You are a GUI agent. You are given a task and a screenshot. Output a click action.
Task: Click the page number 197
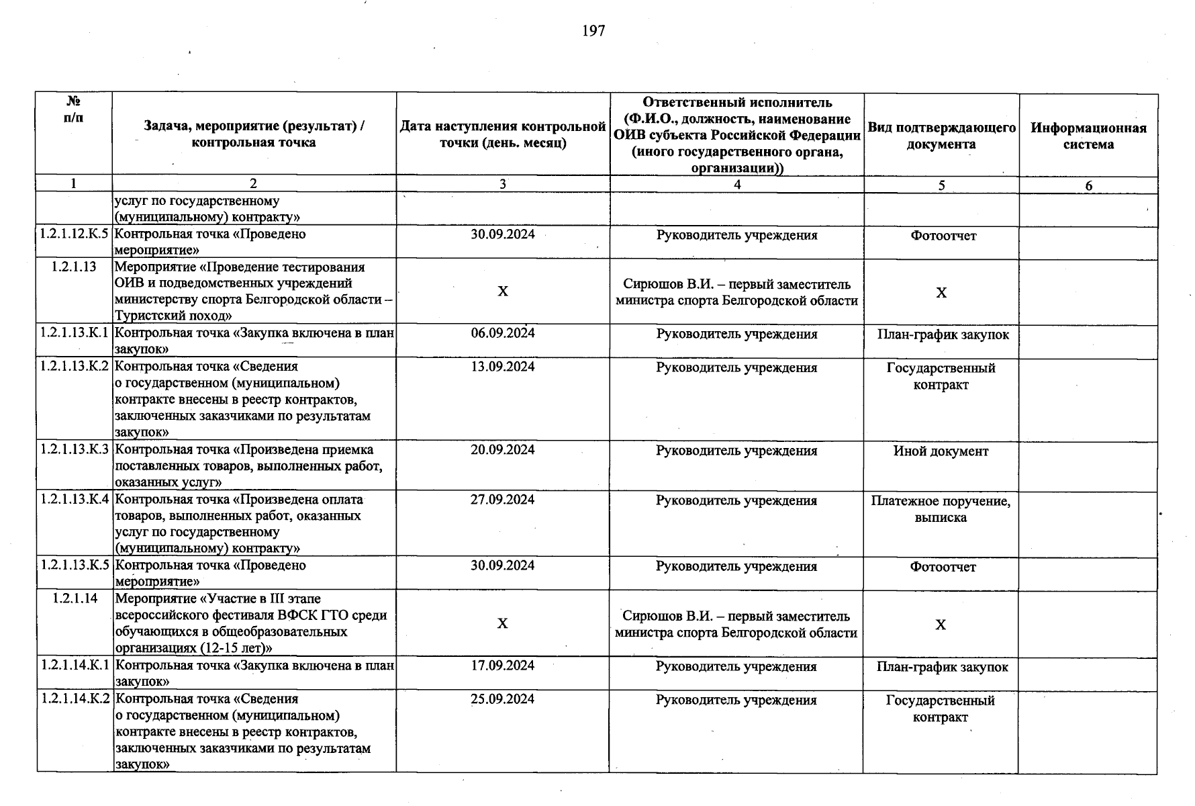click(x=593, y=31)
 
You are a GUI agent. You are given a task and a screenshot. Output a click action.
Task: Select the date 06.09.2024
click(x=503, y=333)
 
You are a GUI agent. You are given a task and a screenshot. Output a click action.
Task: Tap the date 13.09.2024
click(x=503, y=367)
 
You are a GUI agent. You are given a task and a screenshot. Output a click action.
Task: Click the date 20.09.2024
click(x=503, y=450)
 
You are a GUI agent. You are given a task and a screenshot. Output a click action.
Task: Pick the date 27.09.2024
click(x=503, y=500)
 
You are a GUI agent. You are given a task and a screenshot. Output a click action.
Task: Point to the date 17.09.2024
click(x=503, y=666)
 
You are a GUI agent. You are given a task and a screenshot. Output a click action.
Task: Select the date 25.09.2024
click(x=503, y=699)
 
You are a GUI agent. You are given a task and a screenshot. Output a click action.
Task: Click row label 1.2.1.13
click(x=74, y=267)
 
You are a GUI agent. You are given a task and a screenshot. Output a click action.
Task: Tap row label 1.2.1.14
click(x=75, y=598)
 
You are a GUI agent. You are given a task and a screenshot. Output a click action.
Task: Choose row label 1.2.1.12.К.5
click(x=74, y=234)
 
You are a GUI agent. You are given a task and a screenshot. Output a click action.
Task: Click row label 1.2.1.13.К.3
click(x=74, y=450)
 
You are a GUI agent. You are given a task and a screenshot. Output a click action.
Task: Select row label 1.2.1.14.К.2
click(x=74, y=699)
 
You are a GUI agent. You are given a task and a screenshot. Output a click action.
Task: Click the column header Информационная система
click(x=1088, y=136)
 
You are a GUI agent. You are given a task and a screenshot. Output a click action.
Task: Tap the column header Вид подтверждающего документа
click(x=941, y=136)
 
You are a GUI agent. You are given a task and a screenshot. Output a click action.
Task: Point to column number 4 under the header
click(x=737, y=185)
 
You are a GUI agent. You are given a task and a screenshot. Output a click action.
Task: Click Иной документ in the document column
click(x=941, y=451)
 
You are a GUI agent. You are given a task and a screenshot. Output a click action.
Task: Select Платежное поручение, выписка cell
click(x=941, y=509)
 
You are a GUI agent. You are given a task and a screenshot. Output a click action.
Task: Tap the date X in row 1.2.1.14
click(x=502, y=624)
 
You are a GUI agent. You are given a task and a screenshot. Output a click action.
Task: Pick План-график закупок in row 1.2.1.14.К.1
click(x=942, y=667)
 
